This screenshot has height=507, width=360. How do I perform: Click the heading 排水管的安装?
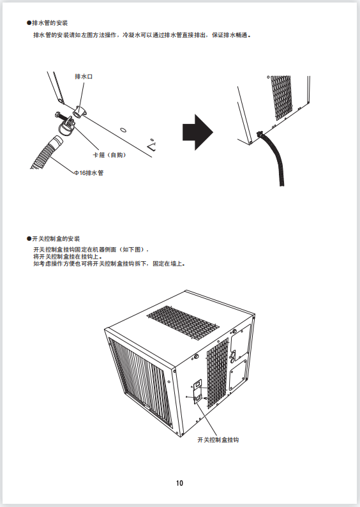[x=50, y=23]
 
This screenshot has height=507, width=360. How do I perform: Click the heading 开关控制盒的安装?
[x=56, y=239]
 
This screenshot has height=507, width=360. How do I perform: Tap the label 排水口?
[x=84, y=77]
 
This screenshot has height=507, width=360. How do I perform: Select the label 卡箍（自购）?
[x=109, y=155]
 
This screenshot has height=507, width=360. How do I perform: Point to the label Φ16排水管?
[x=89, y=173]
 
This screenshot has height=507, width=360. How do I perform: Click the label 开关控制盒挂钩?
[x=218, y=440]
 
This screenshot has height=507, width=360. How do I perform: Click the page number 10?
[x=179, y=483]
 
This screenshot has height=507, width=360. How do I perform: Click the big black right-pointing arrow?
[x=198, y=132]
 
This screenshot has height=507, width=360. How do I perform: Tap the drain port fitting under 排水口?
[x=79, y=112]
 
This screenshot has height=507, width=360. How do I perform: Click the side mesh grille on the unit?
[x=217, y=374]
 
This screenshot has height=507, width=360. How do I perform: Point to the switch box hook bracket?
[x=198, y=391]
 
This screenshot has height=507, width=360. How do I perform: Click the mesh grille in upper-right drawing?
[x=281, y=97]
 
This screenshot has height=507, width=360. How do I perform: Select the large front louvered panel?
[x=140, y=382]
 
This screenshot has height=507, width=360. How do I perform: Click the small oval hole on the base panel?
[x=123, y=130]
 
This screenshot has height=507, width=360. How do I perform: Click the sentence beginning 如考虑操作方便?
[x=109, y=264]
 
